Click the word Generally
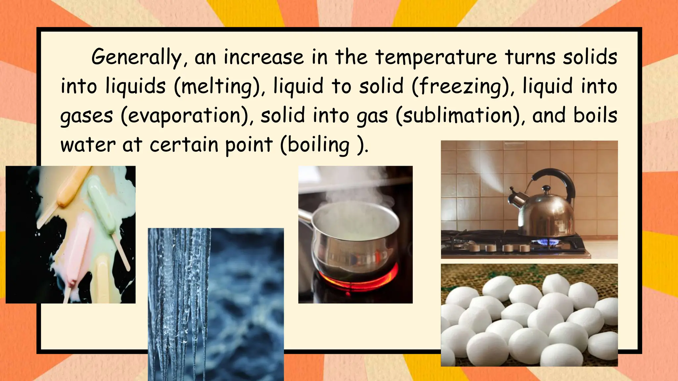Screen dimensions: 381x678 (x=136, y=57)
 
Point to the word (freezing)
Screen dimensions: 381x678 (x=462, y=86)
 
